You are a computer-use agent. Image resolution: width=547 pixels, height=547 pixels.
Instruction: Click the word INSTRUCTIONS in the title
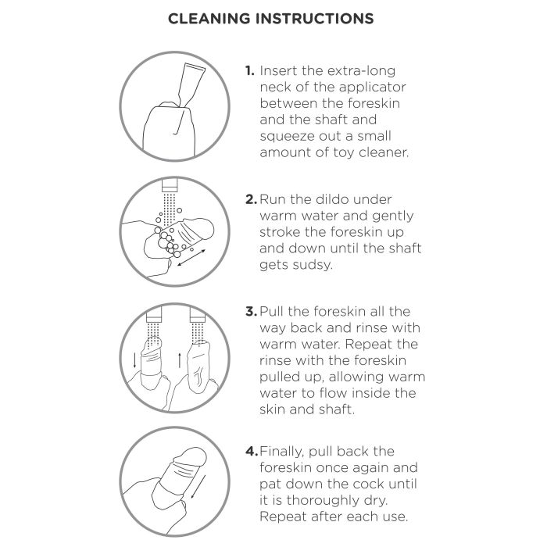315,19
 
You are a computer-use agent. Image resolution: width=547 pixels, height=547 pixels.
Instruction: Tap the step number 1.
249,70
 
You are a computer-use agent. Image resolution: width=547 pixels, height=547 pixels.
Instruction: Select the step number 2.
251,199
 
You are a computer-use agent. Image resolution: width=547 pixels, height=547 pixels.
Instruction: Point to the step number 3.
251,311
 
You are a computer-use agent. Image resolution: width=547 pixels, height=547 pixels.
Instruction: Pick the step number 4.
252,451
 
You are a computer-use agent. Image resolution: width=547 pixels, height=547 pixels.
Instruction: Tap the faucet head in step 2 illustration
170,185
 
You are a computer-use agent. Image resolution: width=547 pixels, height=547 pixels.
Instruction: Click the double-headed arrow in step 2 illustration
191,257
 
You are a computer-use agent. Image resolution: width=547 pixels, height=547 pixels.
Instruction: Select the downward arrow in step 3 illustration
135,360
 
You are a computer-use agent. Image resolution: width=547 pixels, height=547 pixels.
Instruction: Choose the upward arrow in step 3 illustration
179,360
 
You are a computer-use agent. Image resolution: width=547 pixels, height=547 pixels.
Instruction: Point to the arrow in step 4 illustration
198,487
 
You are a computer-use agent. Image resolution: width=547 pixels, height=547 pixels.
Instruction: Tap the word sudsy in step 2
313,265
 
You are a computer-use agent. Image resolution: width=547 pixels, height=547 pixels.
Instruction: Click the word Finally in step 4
281,452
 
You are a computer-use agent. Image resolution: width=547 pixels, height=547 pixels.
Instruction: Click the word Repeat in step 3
368,345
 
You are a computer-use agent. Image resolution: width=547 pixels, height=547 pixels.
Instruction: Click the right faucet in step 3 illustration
198,315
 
